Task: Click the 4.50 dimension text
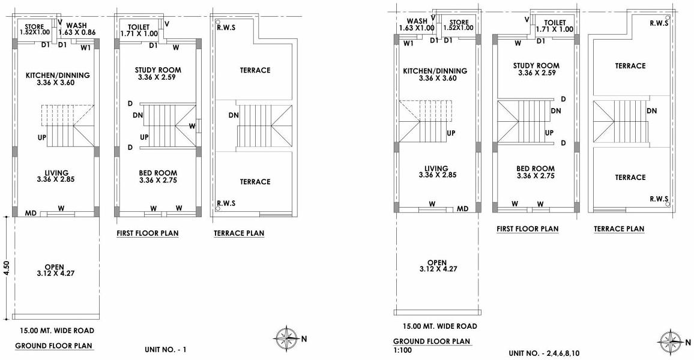(x=7, y=268)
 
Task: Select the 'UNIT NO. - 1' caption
(x=166, y=349)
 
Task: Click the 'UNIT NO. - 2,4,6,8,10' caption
(x=544, y=353)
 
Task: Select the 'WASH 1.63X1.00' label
(x=417, y=25)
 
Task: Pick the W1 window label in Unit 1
(x=85, y=47)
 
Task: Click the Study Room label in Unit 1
(x=158, y=74)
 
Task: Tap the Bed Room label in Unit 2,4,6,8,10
(x=535, y=172)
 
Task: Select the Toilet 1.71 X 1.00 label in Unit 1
(x=139, y=31)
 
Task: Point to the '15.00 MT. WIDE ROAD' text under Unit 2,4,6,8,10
(x=440, y=326)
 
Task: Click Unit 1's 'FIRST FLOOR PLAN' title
(x=147, y=233)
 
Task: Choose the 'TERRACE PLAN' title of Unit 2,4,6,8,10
(x=619, y=229)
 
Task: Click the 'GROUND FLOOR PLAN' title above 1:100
(x=432, y=341)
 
